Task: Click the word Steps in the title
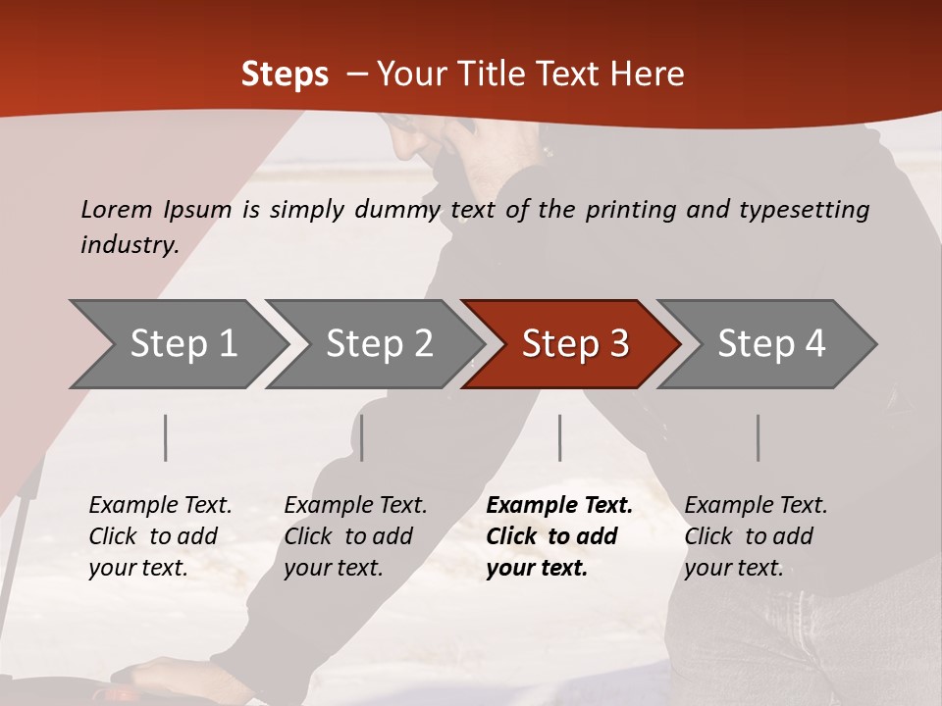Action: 285,75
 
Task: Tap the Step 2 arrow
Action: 379,343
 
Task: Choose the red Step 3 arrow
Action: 574,343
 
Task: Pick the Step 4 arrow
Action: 770,343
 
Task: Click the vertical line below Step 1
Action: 166,437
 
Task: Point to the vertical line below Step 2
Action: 362,437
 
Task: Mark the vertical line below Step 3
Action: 560,437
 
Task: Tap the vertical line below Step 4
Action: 759,437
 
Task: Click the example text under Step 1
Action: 160,536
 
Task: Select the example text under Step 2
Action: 355,536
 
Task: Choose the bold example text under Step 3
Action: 559,536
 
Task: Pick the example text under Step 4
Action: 756,536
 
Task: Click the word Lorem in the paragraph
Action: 117,209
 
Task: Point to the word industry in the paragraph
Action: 129,245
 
